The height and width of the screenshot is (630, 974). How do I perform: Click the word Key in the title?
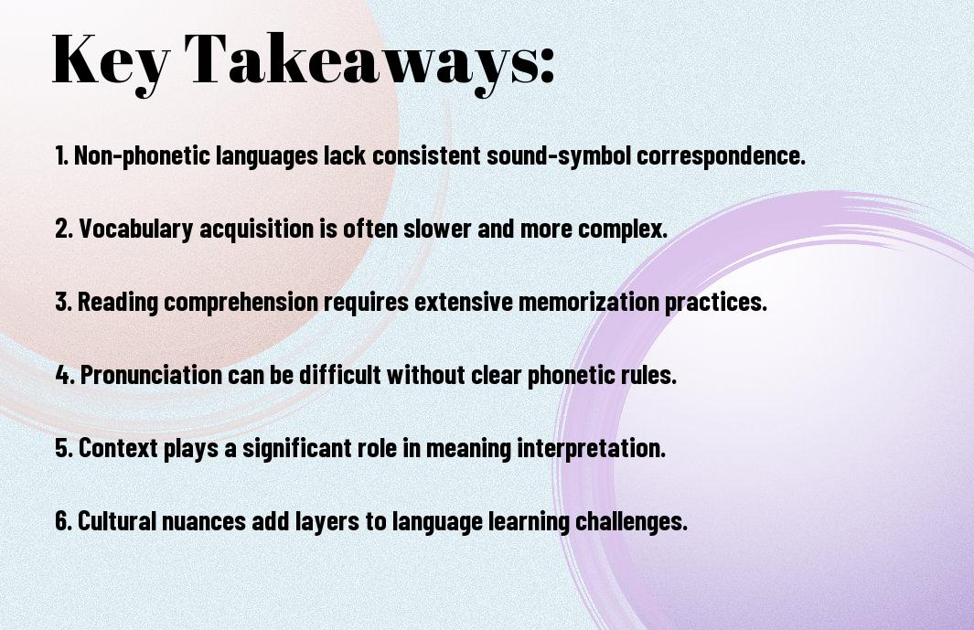[111, 59]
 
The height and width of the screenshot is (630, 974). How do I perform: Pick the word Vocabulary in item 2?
[136, 229]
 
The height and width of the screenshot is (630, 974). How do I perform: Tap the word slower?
[437, 228]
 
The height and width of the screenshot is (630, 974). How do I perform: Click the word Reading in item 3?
[117, 302]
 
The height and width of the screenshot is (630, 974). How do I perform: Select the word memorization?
[588, 302]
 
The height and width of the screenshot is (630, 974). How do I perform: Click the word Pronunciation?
[151, 375]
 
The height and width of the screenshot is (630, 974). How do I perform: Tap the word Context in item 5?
[118, 448]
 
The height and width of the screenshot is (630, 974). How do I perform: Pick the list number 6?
[63, 521]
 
